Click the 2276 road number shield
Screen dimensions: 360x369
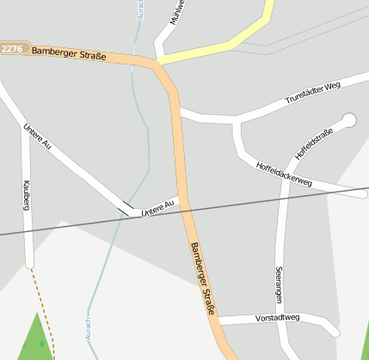[x=13, y=49]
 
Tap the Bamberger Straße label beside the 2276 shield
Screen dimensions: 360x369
[x=69, y=53]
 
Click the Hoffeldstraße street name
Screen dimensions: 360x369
[x=314, y=142]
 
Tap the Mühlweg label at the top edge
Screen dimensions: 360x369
[x=177, y=13]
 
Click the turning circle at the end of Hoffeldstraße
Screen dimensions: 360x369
[x=349, y=120]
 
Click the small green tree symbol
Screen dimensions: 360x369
[x=41, y=344]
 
